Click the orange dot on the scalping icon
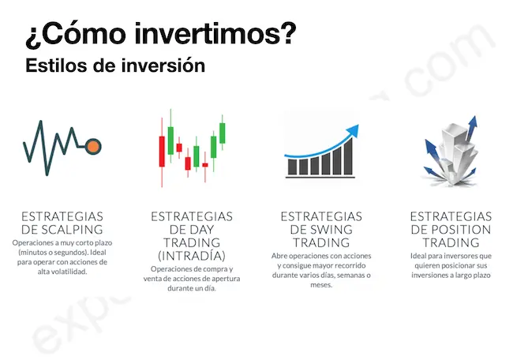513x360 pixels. click(93, 146)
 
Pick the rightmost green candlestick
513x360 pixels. click(222, 132)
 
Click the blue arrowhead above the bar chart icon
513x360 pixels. click(351, 130)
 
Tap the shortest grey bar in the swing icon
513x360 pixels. click(291, 168)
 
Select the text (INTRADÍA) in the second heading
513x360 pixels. click(191, 257)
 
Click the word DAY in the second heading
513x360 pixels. click(192, 230)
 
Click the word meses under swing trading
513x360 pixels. click(321, 285)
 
